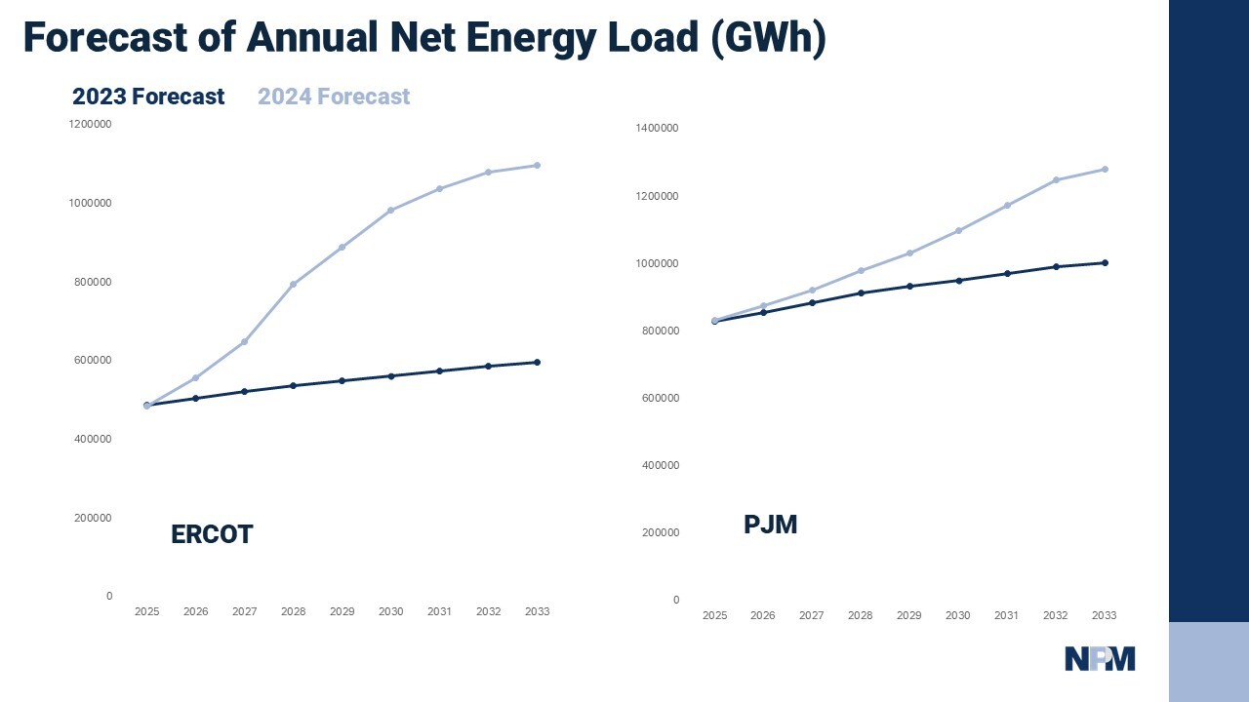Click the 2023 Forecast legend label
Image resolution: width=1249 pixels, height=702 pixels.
pyautogui.click(x=148, y=97)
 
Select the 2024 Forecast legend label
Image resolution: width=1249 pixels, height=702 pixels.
pyautogui.click(x=334, y=97)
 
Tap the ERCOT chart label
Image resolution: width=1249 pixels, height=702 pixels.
pyautogui.click(x=212, y=534)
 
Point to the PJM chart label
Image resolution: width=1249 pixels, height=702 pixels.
pyautogui.click(x=770, y=525)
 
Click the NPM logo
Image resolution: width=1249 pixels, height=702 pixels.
pyautogui.click(x=1100, y=659)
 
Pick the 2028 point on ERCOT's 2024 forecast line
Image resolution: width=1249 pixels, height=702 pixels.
pyautogui.click(x=293, y=284)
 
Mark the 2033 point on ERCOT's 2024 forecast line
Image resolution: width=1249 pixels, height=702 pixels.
pyautogui.click(x=537, y=165)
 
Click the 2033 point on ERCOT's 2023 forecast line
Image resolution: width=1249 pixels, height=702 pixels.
pyautogui.click(x=537, y=362)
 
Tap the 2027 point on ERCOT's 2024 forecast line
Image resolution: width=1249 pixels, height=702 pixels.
pyautogui.click(x=244, y=341)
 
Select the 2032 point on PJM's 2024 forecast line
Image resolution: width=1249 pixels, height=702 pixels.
pyautogui.click(x=1056, y=179)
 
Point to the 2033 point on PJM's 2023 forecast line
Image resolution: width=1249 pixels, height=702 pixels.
pyautogui.click(x=1105, y=262)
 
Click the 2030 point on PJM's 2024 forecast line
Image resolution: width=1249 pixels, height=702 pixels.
pyautogui.click(x=958, y=230)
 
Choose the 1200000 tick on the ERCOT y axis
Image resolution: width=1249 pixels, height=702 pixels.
pyautogui.click(x=90, y=124)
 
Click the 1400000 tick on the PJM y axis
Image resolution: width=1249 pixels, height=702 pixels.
pyautogui.click(x=657, y=128)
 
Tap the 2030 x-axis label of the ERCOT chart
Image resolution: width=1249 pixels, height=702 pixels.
pyautogui.click(x=390, y=611)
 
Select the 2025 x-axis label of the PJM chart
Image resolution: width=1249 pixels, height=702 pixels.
pyautogui.click(x=714, y=615)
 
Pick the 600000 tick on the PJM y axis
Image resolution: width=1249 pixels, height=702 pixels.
pyautogui.click(x=660, y=398)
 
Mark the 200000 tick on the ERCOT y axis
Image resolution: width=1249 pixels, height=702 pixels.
pyautogui.click(x=93, y=518)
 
